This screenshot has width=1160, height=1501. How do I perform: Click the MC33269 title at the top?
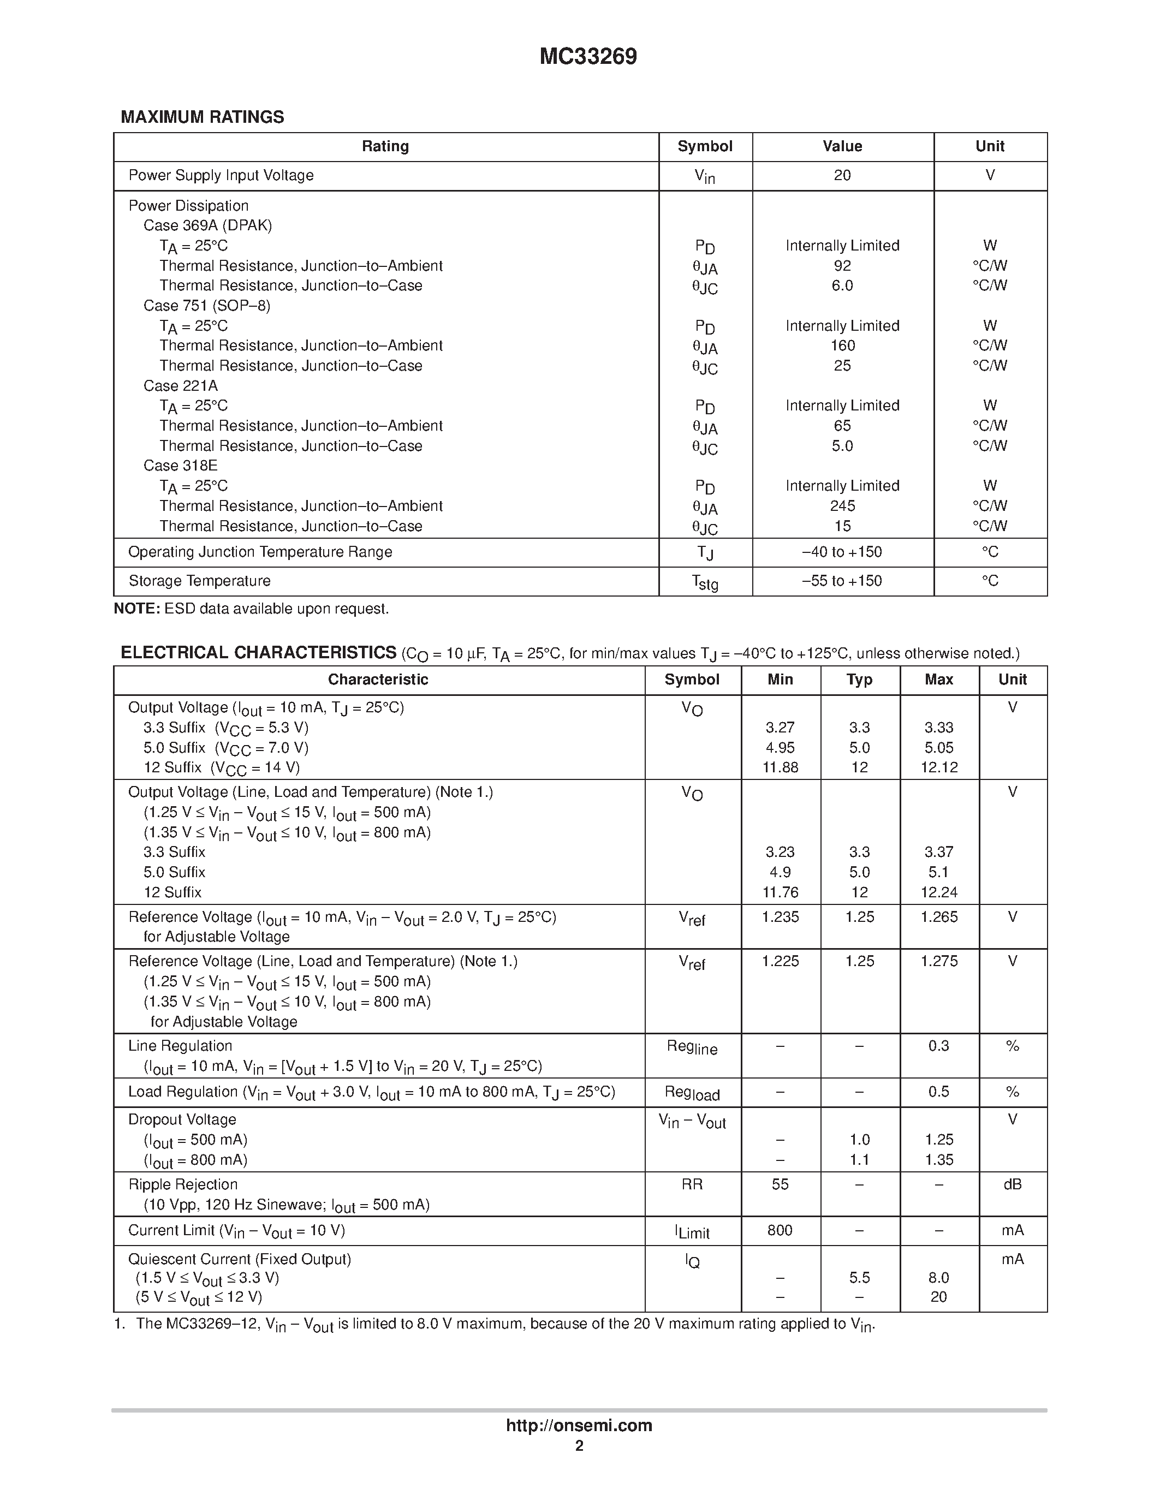click(588, 56)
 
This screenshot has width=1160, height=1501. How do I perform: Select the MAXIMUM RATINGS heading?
click(202, 117)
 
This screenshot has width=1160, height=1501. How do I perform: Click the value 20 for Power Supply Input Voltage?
click(842, 175)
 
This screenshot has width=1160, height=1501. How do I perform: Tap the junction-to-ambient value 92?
click(842, 265)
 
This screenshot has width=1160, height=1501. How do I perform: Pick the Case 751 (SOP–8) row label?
click(207, 305)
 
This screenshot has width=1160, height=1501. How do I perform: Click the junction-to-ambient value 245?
click(842, 506)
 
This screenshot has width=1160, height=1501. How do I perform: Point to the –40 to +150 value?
click(842, 552)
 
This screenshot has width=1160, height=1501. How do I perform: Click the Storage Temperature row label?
click(199, 581)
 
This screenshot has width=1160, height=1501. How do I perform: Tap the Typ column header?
click(859, 680)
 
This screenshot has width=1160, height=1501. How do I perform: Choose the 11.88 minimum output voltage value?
click(780, 767)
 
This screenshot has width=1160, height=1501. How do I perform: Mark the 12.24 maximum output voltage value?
click(939, 892)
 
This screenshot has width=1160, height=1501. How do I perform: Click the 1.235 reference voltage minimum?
click(780, 917)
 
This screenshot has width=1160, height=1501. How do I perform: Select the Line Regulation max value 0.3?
click(939, 1046)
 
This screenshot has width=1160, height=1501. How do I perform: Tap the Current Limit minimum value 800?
click(780, 1230)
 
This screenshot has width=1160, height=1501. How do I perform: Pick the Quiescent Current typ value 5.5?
click(859, 1278)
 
